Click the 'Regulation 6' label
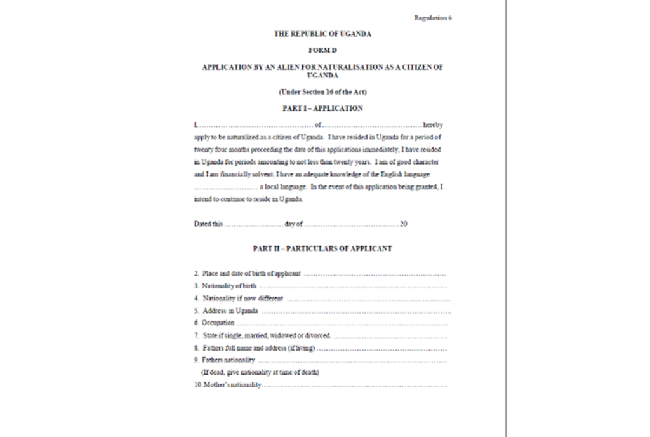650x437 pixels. [432, 18]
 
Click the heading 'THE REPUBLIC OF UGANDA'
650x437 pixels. [322, 34]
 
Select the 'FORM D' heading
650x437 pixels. [322, 50]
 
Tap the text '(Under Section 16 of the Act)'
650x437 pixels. [322, 93]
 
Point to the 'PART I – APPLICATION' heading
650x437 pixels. [322, 109]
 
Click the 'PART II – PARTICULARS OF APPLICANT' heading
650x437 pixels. [322, 248]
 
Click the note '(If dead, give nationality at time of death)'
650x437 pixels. [260, 372]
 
